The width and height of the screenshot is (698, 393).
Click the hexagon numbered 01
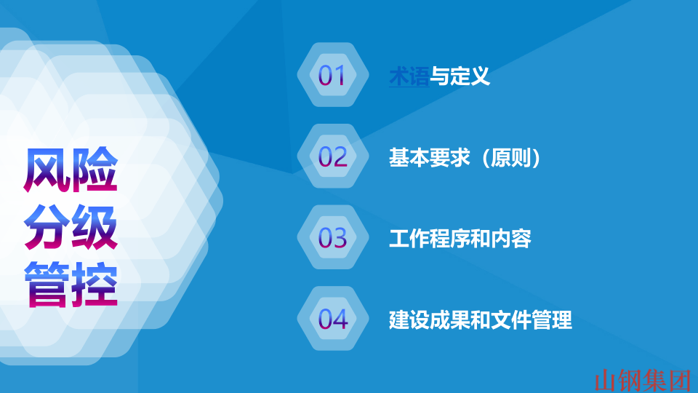click(x=332, y=75)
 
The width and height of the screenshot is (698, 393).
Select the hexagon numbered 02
click(x=332, y=156)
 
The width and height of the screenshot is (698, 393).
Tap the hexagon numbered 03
click(x=332, y=238)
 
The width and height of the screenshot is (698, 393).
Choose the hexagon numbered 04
click(x=332, y=319)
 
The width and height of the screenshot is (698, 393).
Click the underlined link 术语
click(x=409, y=76)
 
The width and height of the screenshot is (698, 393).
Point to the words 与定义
click(x=460, y=76)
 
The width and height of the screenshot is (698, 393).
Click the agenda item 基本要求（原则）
click(x=466, y=157)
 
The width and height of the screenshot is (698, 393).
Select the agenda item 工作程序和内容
click(x=460, y=238)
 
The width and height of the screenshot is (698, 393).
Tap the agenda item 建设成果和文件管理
click(x=481, y=319)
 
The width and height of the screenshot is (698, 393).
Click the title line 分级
click(x=71, y=229)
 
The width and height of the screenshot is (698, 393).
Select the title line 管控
click(x=71, y=285)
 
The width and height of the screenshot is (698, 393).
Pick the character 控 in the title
click(x=95, y=285)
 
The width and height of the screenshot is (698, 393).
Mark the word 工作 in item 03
click(x=409, y=238)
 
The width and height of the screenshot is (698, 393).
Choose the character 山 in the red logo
click(x=606, y=380)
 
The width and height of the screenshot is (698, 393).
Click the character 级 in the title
click(x=95, y=229)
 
